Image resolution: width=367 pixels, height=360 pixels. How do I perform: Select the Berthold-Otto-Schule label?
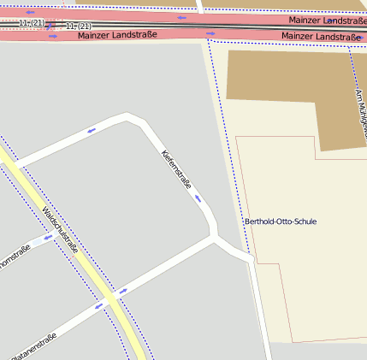(281, 221)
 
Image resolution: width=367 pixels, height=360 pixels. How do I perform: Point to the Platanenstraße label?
(34, 347)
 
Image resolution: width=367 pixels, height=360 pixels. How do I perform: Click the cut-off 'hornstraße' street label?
(15, 257)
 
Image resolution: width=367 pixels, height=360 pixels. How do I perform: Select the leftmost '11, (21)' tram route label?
(31, 22)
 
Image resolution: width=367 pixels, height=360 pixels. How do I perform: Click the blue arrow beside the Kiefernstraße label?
(198, 198)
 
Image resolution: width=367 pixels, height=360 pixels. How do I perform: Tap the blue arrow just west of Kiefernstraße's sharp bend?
(92, 131)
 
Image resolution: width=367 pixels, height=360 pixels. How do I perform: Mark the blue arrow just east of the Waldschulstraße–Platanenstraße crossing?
(123, 292)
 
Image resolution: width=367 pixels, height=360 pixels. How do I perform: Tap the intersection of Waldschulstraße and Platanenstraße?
(110, 299)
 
